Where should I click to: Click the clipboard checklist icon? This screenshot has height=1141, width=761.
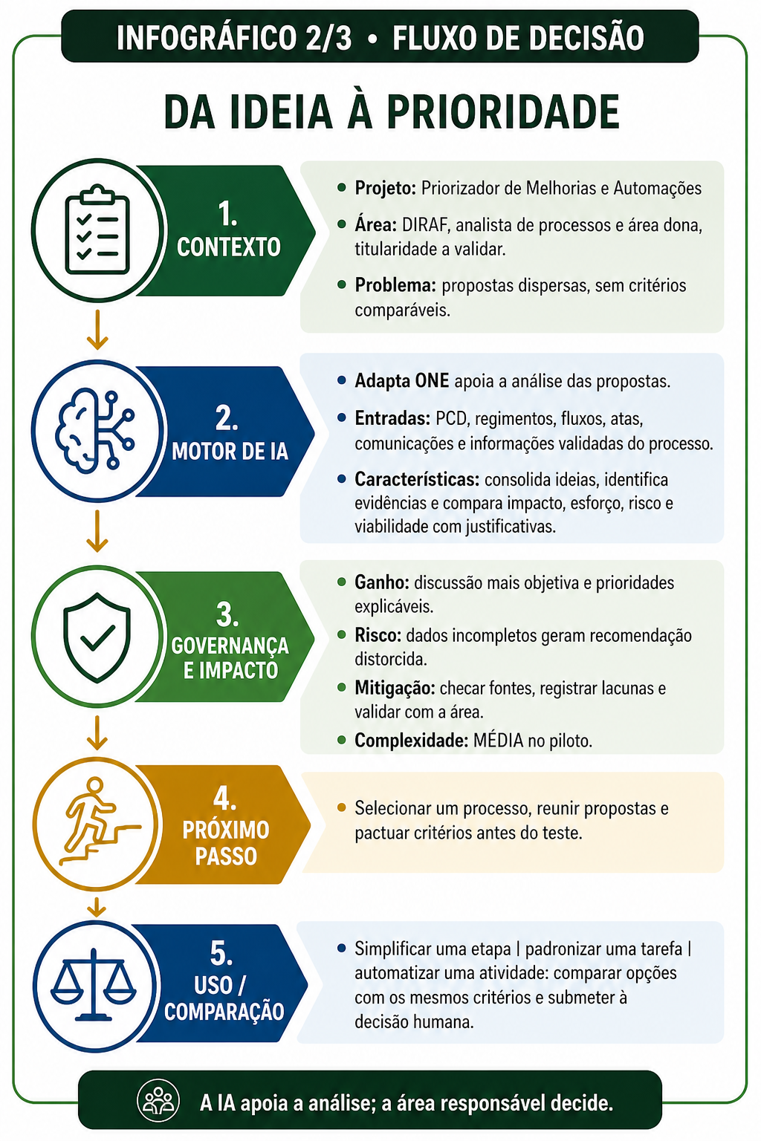point(97,230)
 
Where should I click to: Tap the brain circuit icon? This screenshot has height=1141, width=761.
point(94,431)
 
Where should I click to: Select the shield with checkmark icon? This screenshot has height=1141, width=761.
point(97,637)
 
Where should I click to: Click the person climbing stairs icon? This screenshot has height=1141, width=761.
point(100,821)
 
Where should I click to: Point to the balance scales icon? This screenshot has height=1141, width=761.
point(94,984)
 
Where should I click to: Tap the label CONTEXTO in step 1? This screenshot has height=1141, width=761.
point(228,247)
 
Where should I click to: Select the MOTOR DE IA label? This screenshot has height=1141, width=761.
point(230,452)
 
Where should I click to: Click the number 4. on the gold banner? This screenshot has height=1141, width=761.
point(224,798)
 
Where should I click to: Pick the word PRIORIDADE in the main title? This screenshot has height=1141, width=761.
point(503,112)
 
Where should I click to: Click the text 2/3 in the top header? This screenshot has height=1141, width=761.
point(328,38)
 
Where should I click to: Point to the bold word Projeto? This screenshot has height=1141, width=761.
point(386,189)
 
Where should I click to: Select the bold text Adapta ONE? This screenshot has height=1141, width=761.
point(401,380)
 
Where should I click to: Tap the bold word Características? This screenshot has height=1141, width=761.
point(417,479)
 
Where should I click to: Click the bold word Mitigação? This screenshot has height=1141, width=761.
point(395,688)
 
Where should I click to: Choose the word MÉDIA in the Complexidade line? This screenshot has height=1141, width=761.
point(498,740)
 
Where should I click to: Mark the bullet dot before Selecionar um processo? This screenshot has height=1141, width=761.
point(342,808)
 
